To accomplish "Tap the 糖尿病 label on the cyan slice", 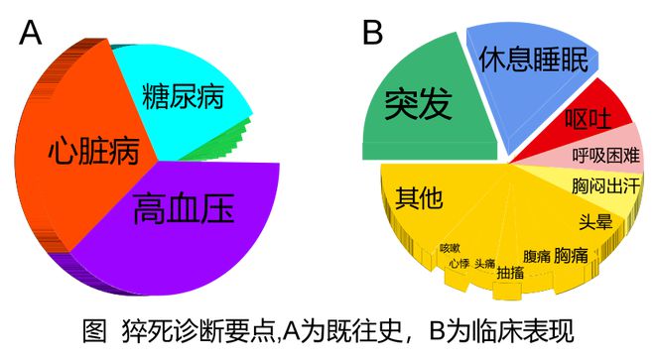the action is pyautogui.click(x=183, y=96).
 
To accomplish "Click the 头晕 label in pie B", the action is pyautogui.click(x=596, y=221).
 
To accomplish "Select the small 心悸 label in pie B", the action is pyautogui.click(x=458, y=263).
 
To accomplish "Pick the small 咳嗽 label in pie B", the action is pyautogui.click(x=452, y=247).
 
